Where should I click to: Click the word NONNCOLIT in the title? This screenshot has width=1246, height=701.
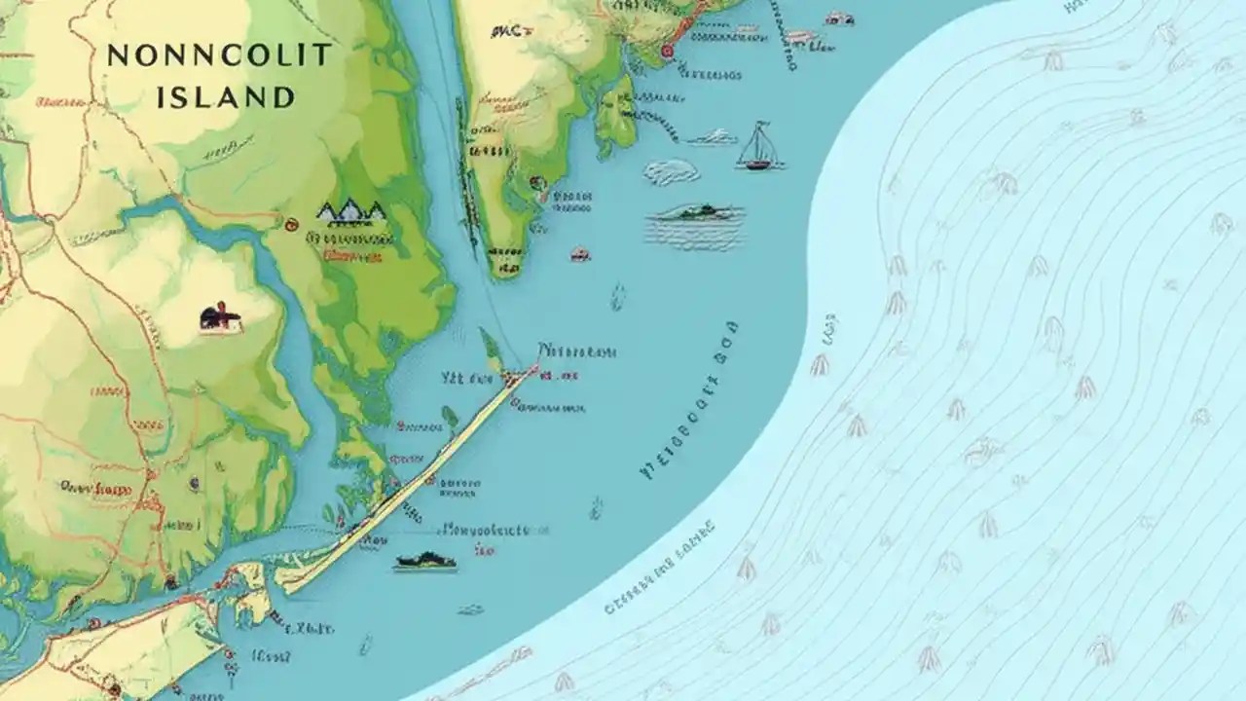(219, 56)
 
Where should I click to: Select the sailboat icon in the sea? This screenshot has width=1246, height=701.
(759, 149)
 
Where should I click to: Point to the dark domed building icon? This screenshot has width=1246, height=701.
(219, 316)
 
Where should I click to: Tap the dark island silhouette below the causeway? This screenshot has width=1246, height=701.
(425, 561)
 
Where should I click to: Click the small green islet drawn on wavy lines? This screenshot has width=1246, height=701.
(696, 212)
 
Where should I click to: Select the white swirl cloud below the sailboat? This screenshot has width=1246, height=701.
(671, 171)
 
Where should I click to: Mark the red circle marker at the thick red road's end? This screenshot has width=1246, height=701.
(667, 50)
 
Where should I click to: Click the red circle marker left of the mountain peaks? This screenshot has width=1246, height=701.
(290, 224)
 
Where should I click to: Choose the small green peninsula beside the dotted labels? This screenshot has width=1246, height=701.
(615, 117)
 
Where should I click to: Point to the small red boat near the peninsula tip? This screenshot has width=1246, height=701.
(580, 255)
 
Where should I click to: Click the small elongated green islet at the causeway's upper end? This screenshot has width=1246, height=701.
(492, 349)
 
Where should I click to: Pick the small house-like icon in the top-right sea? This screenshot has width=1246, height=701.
(839, 18)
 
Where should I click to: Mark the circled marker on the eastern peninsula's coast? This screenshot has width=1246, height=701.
(536, 182)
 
